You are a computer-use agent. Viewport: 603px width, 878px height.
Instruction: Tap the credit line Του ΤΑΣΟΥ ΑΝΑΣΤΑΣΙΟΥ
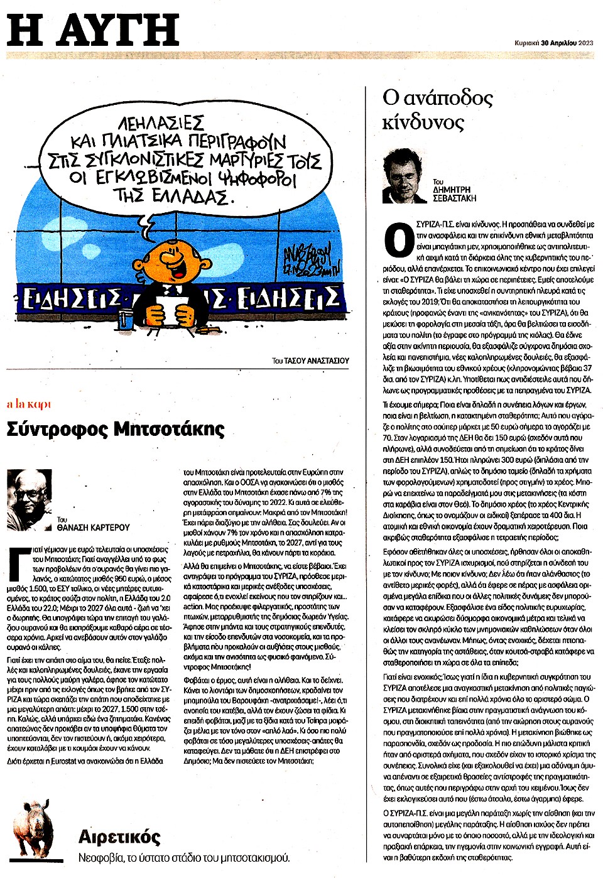310,360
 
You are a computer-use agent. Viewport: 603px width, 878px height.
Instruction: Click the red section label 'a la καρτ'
29,404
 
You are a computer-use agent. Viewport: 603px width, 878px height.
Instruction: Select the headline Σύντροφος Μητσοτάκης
116,429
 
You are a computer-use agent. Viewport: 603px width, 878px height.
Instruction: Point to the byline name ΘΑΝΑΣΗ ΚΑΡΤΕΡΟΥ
93,528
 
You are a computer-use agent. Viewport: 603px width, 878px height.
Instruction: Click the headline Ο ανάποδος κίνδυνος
437,109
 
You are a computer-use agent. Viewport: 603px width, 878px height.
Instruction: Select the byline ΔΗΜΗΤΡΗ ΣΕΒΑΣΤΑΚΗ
455,193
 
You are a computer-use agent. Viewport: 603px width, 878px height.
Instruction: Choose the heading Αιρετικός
119,837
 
